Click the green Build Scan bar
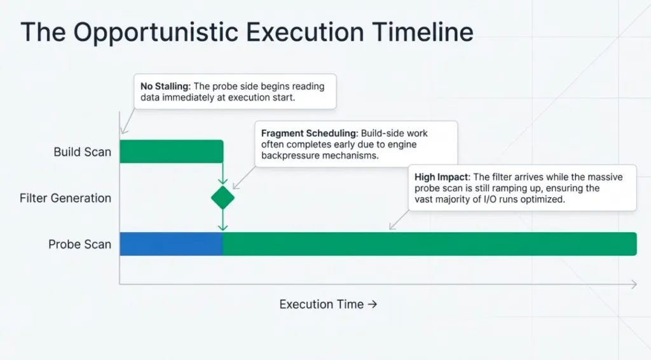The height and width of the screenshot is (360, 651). [x=172, y=151]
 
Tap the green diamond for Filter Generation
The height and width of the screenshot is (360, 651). [x=223, y=198]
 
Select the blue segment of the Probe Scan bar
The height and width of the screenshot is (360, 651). [x=172, y=244]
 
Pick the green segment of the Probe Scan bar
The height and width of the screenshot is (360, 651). [x=430, y=244]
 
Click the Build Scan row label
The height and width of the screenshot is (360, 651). [x=82, y=152]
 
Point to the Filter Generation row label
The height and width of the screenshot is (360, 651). [x=65, y=198]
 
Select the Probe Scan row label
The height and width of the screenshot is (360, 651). [x=79, y=244]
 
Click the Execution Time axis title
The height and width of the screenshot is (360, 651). [x=328, y=305]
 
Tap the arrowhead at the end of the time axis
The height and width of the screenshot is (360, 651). [x=634, y=284]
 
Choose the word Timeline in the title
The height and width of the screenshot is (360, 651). [x=422, y=32]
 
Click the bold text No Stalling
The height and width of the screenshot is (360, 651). [x=165, y=87]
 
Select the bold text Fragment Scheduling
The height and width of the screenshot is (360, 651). [x=310, y=134]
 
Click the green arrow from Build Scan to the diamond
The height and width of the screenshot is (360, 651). [x=223, y=173]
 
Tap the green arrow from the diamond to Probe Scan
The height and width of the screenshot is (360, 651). [x=223, y=220]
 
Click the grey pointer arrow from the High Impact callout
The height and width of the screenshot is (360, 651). [x=399, y=220]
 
